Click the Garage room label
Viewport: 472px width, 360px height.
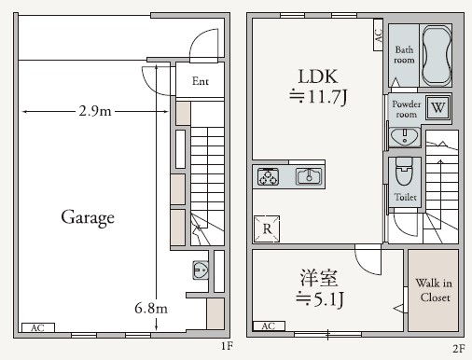pyautogui.click(x=88, y=218)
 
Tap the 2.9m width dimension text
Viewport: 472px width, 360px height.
pyautogui.click(x=95, y=112)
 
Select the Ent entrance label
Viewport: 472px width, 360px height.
pyautogui.click(x=201, y=81)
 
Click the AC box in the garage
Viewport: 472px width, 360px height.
pyautogui.click(x=36, y=328)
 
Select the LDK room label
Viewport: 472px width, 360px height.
pyautogui.click(x=316, y=76)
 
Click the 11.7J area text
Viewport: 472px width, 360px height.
pyautogui.click(x=317, y=96)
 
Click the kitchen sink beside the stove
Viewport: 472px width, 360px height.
pyautogui.click(x=308, y=175)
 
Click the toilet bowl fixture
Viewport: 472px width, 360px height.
pyautogui.click(x=404, y=173)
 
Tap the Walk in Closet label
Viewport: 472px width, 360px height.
pyautogui.click(x=433, y=290)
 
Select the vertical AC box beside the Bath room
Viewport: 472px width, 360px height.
pyautogui.click(x=378, y=37)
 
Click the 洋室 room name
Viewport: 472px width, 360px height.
pyautogui.click(x=318, y=277)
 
